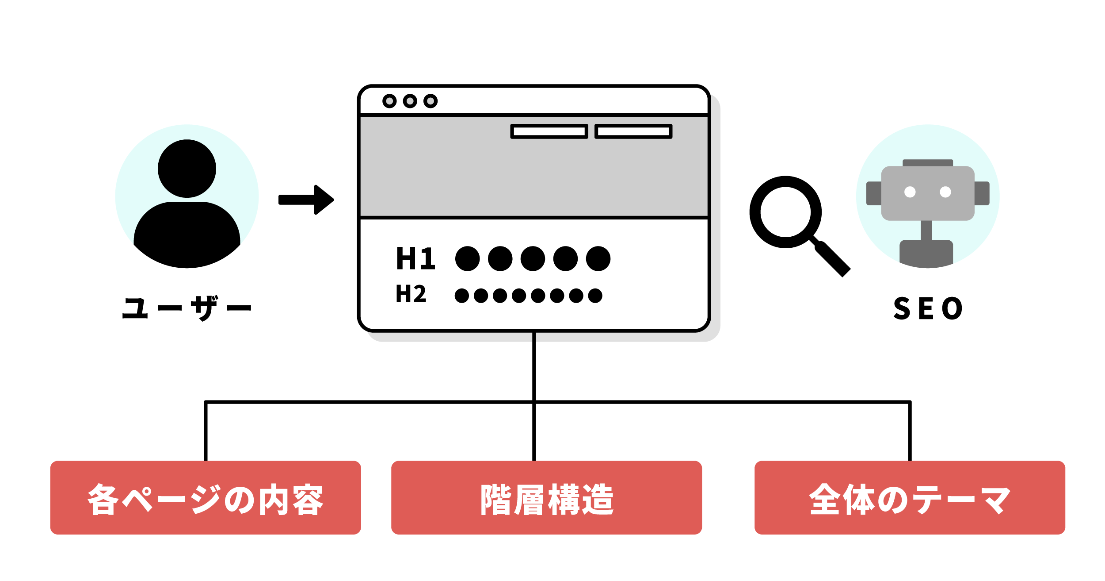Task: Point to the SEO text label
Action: click(x=928, y=308)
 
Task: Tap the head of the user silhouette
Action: click(x=187, y=169)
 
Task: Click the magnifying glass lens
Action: click(x=785, y=212)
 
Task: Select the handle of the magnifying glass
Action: click(x=833, y=260)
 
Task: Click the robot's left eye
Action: click(x=910, y=192)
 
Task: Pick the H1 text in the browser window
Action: click(x=415, y=258)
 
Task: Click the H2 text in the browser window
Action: click(x=411, y=293)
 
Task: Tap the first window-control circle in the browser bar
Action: click(x=389, y=101)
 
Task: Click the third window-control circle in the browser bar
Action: click(x=431, y=101)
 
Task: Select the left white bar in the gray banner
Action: click(x=549, y=131)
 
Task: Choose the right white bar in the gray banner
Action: click(x=633, y=131)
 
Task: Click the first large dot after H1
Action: click(x=467, y=258)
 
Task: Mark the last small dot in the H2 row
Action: click(x=595, y=295)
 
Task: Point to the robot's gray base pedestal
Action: click(x=926, y=253)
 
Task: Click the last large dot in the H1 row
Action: click(x=598, y=258)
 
